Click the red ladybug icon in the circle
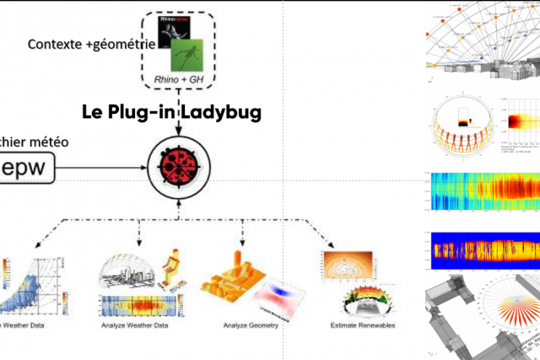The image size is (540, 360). (x=179, y=163)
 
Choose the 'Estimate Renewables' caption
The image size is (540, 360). (x=364, y=325)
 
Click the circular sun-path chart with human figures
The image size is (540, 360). (x=460, y=131)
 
